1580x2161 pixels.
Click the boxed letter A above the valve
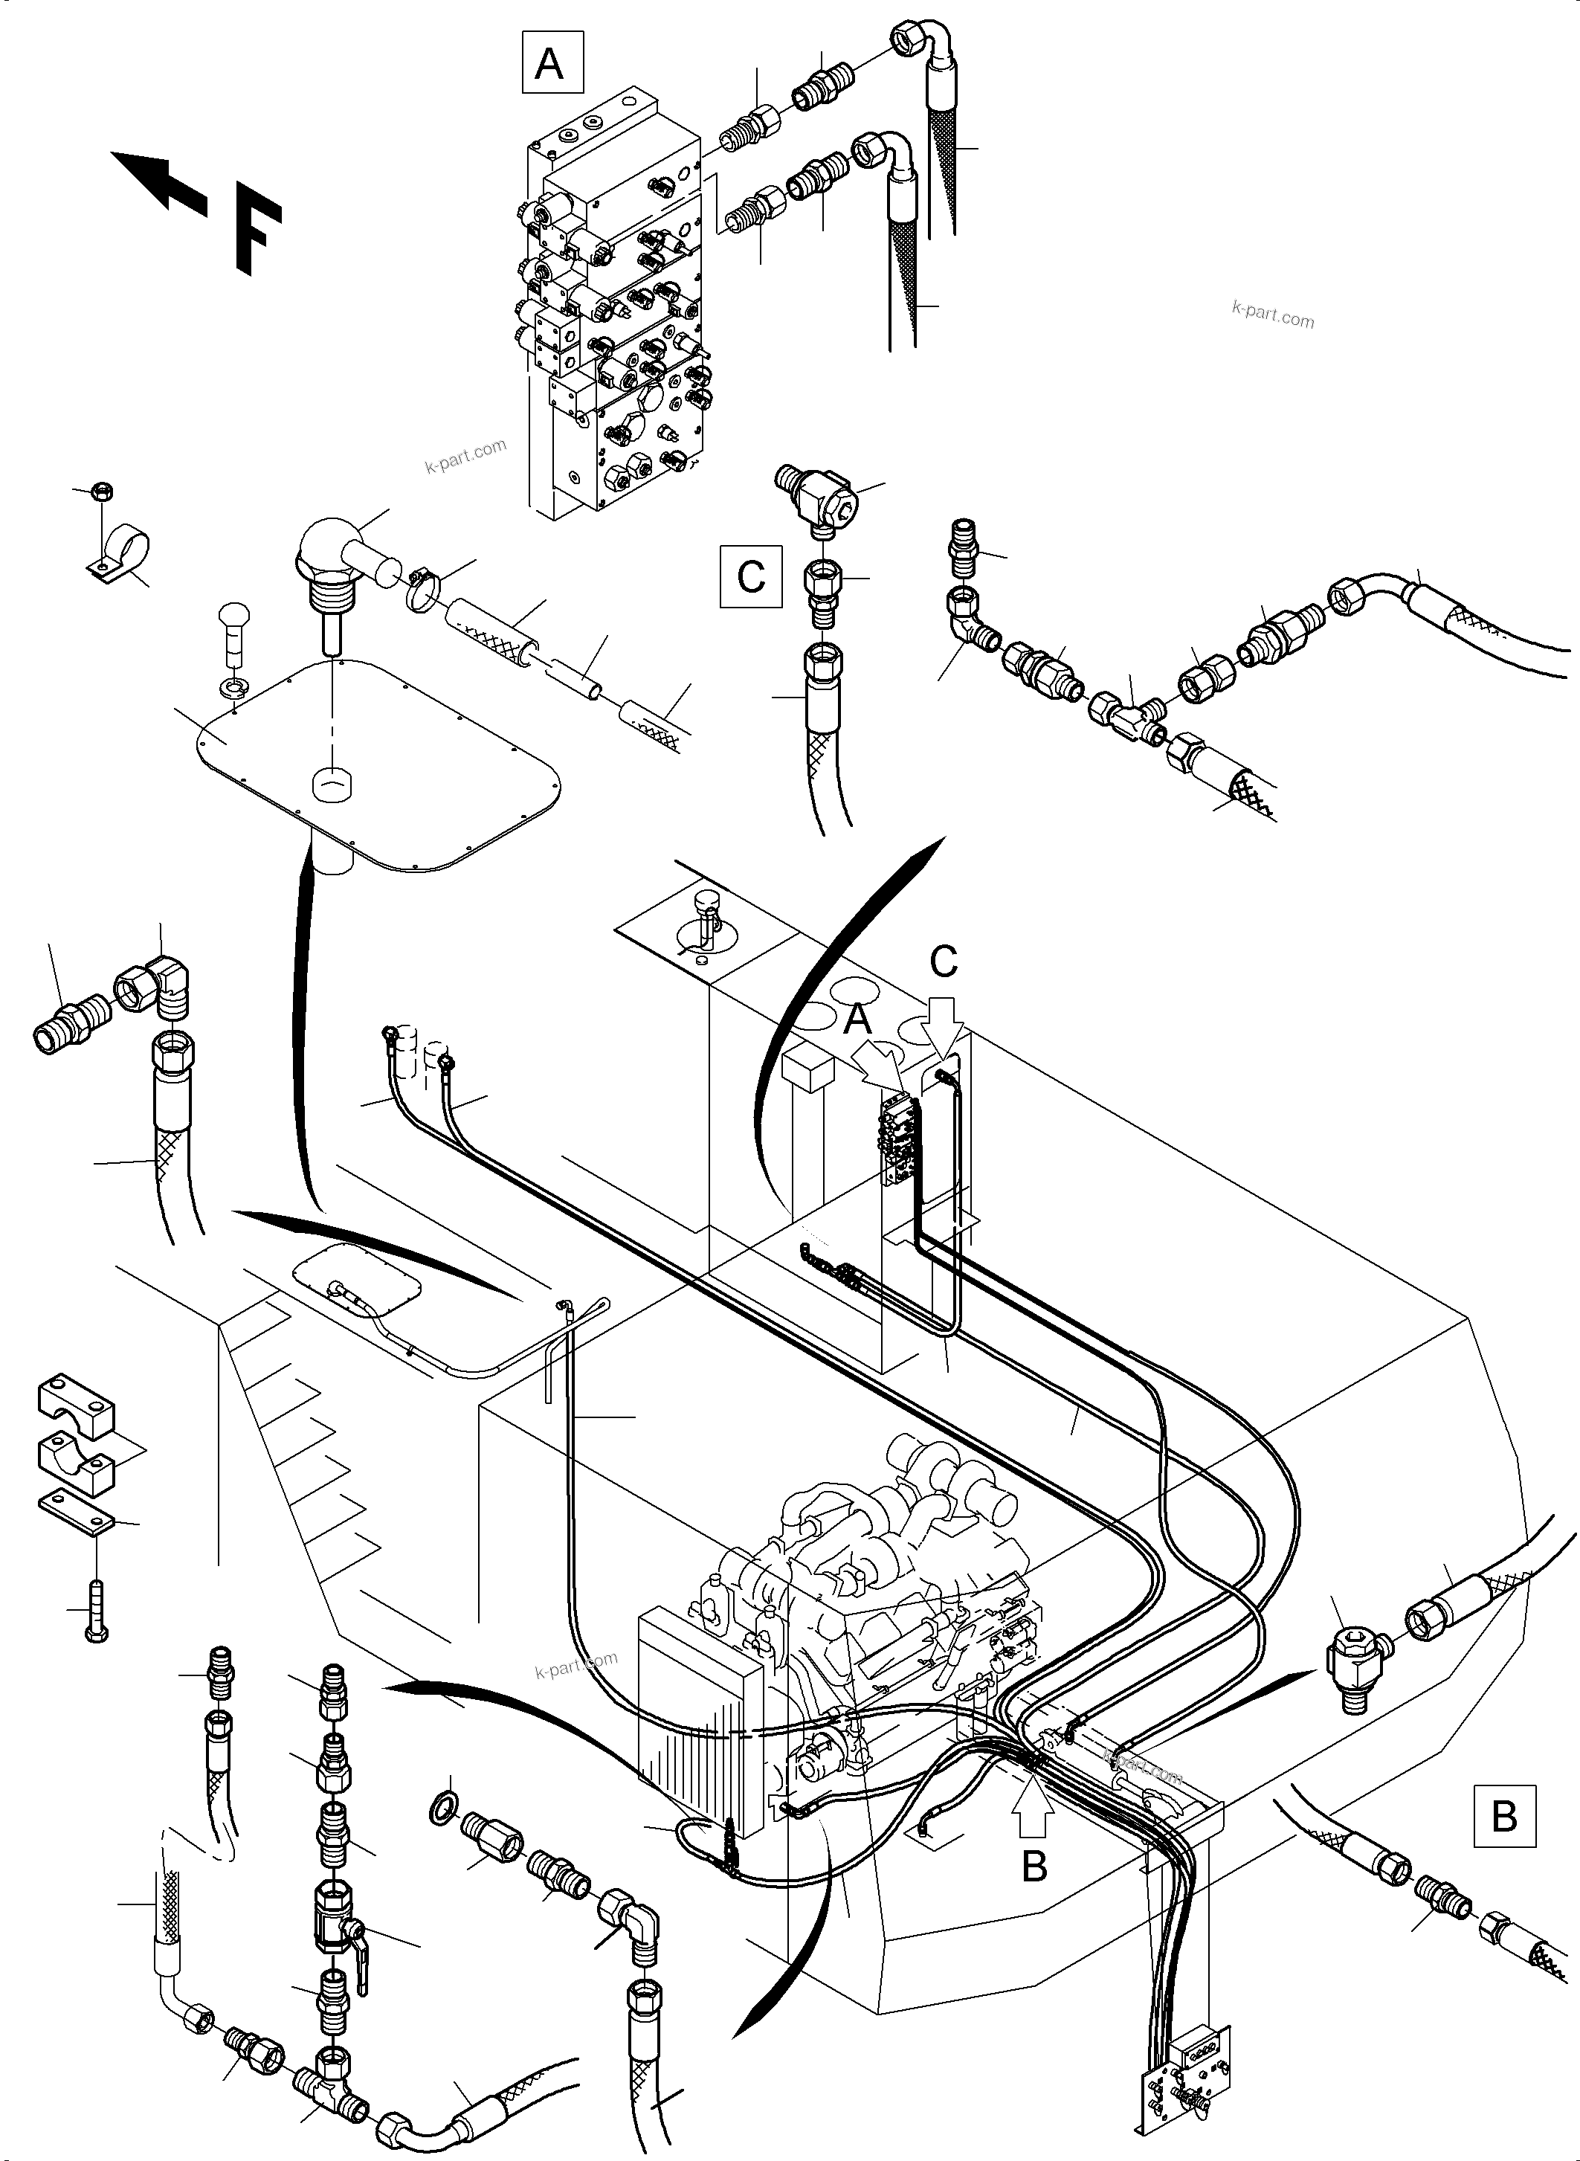(x=552, y=62)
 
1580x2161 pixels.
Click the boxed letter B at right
(x=1504, y=1814)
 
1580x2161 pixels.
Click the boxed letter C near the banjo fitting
(x=751, y=576)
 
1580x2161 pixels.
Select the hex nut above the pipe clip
(x=100, y=492)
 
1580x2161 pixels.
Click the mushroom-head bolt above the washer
(x=234, y=628)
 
